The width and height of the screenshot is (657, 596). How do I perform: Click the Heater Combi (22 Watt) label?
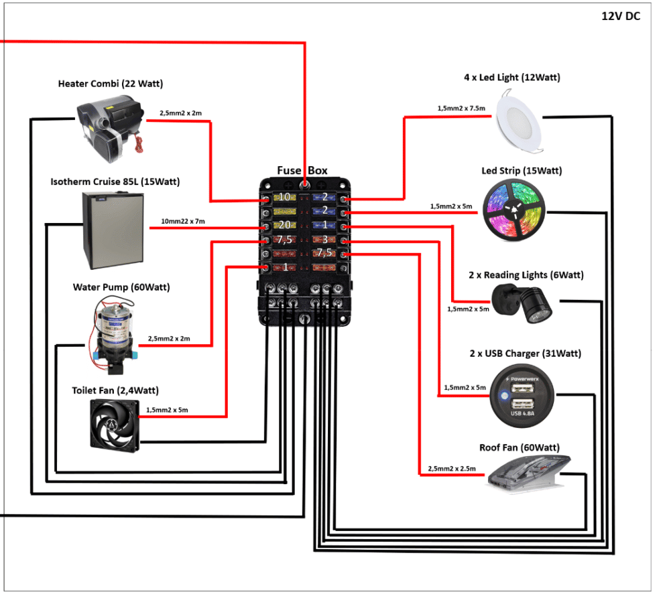[x=111, y=84]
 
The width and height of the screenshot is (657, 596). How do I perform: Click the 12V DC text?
[x=620, y=17]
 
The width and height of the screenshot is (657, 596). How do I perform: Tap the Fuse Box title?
[x=302, y=170]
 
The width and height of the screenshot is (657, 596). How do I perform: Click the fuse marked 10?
[x=284, y=198]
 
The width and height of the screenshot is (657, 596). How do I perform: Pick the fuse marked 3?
[x=324, y=239]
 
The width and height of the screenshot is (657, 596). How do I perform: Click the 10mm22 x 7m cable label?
[x=182, y=221]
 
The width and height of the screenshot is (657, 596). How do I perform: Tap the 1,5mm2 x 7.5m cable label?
[x=461, y=108]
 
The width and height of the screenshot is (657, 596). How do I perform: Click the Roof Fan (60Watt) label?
[x=519, y=447]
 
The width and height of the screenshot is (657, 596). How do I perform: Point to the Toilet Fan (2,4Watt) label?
[x=115, y=390]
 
